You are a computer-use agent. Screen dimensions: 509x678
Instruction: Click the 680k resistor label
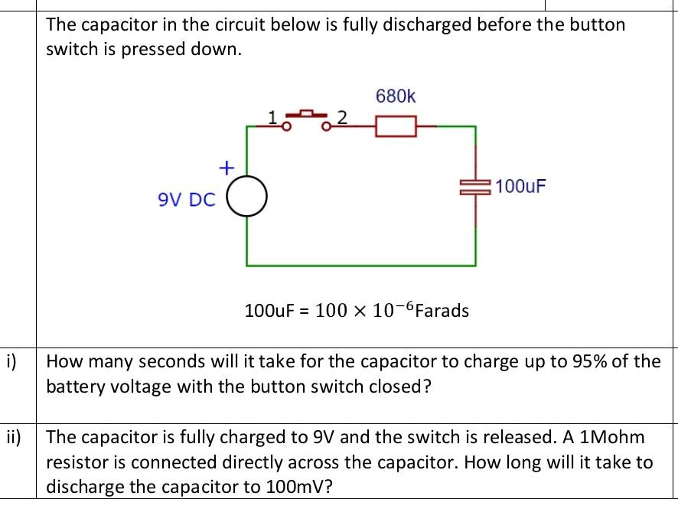tap(396, 96)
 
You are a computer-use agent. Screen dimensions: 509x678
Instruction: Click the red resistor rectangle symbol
tap(396, 126)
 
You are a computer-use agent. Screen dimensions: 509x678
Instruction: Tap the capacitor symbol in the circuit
tap(476, 187)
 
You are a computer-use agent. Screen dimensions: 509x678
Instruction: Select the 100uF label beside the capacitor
tap(520, 186)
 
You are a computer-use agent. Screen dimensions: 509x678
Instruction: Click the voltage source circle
tap(246, 198)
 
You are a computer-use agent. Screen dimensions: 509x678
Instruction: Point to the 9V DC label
tap(187, 200)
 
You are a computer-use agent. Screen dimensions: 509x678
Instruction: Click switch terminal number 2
tap(342, 117)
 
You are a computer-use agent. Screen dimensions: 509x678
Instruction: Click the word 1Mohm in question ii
tap(613, 438)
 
